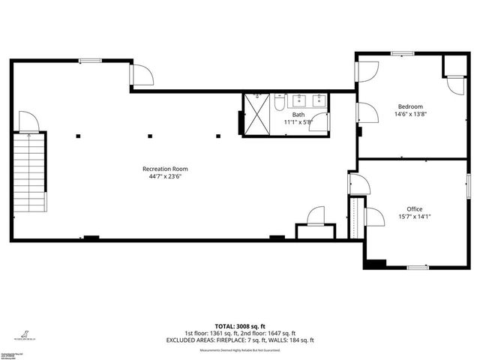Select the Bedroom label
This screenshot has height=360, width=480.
click(x=409, y=106)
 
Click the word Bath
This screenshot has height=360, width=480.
click(x=298, y=115)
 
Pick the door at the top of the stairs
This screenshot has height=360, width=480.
click(x=28, y=122)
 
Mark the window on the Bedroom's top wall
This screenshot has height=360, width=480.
click(x=401, y=52)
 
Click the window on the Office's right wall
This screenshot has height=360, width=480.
click(x=469, y=185)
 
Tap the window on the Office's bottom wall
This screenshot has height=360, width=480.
click(x=417, y=267)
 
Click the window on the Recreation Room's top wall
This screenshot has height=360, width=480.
click(x=90, y=61)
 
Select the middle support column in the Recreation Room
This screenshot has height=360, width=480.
click(x=150, y=136)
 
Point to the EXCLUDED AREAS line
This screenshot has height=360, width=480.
click(x=239, y=340)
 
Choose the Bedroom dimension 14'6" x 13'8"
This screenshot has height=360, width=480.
click(x=409, y=115)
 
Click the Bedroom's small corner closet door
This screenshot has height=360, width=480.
click(x=455, y=85)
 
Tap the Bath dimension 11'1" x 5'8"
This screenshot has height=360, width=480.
click(x=298, y=122)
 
